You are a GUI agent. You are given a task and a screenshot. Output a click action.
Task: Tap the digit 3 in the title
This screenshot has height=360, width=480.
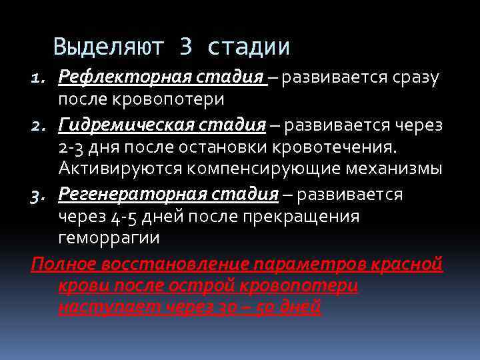(186, 47)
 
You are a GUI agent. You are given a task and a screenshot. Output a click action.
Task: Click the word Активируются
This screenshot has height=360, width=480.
(121, 169)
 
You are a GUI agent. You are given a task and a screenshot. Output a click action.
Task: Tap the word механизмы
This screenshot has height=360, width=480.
(396, 169)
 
